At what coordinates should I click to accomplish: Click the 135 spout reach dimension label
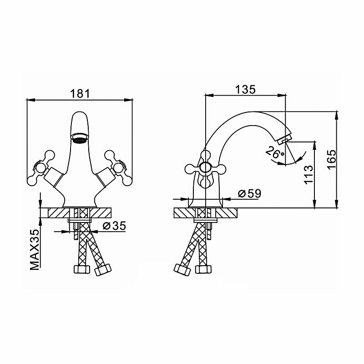click(245, 89)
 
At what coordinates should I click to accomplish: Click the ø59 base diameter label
click(248, 194)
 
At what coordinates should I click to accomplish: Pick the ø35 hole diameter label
click(114, 226)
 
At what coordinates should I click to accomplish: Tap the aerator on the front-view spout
click(80, 137)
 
